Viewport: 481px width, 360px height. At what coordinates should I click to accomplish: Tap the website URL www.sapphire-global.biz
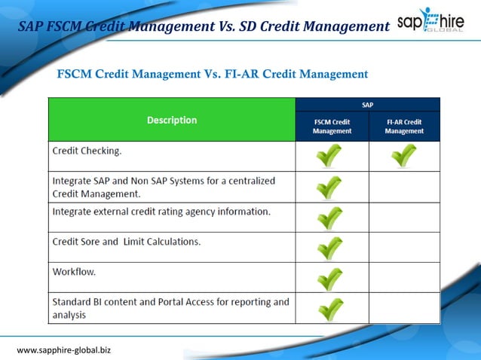click(x=64, y=350)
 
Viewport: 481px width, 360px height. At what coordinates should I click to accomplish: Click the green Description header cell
click(x=172, y=120)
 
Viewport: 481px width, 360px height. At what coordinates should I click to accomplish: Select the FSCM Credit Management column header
click(x=332, y=127)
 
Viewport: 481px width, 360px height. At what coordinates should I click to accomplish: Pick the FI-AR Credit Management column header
click(x=404, y=127)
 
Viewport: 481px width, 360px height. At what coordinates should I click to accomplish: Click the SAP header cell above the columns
click(x=367, y=105)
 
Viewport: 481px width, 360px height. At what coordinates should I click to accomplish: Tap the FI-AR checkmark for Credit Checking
click(x=404, y=156)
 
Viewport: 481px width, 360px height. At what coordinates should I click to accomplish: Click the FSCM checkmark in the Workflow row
click(x=329, y=278)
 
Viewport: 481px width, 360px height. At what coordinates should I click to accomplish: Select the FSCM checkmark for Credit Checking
click(x=329, y=156)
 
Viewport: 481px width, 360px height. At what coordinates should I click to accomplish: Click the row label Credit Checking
click(x=87, y=151)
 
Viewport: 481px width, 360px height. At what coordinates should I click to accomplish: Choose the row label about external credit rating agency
click(x=161, y=212)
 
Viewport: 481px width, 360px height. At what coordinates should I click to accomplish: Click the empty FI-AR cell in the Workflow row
click(x=404, y=277)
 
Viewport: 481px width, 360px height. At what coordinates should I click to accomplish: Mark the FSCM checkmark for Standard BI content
click(x=329, y=309)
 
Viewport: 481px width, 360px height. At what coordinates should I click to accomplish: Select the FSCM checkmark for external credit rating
click(x=329, y=218)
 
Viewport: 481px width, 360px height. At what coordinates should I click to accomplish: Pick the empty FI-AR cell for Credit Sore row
click(x=404, y=247)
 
